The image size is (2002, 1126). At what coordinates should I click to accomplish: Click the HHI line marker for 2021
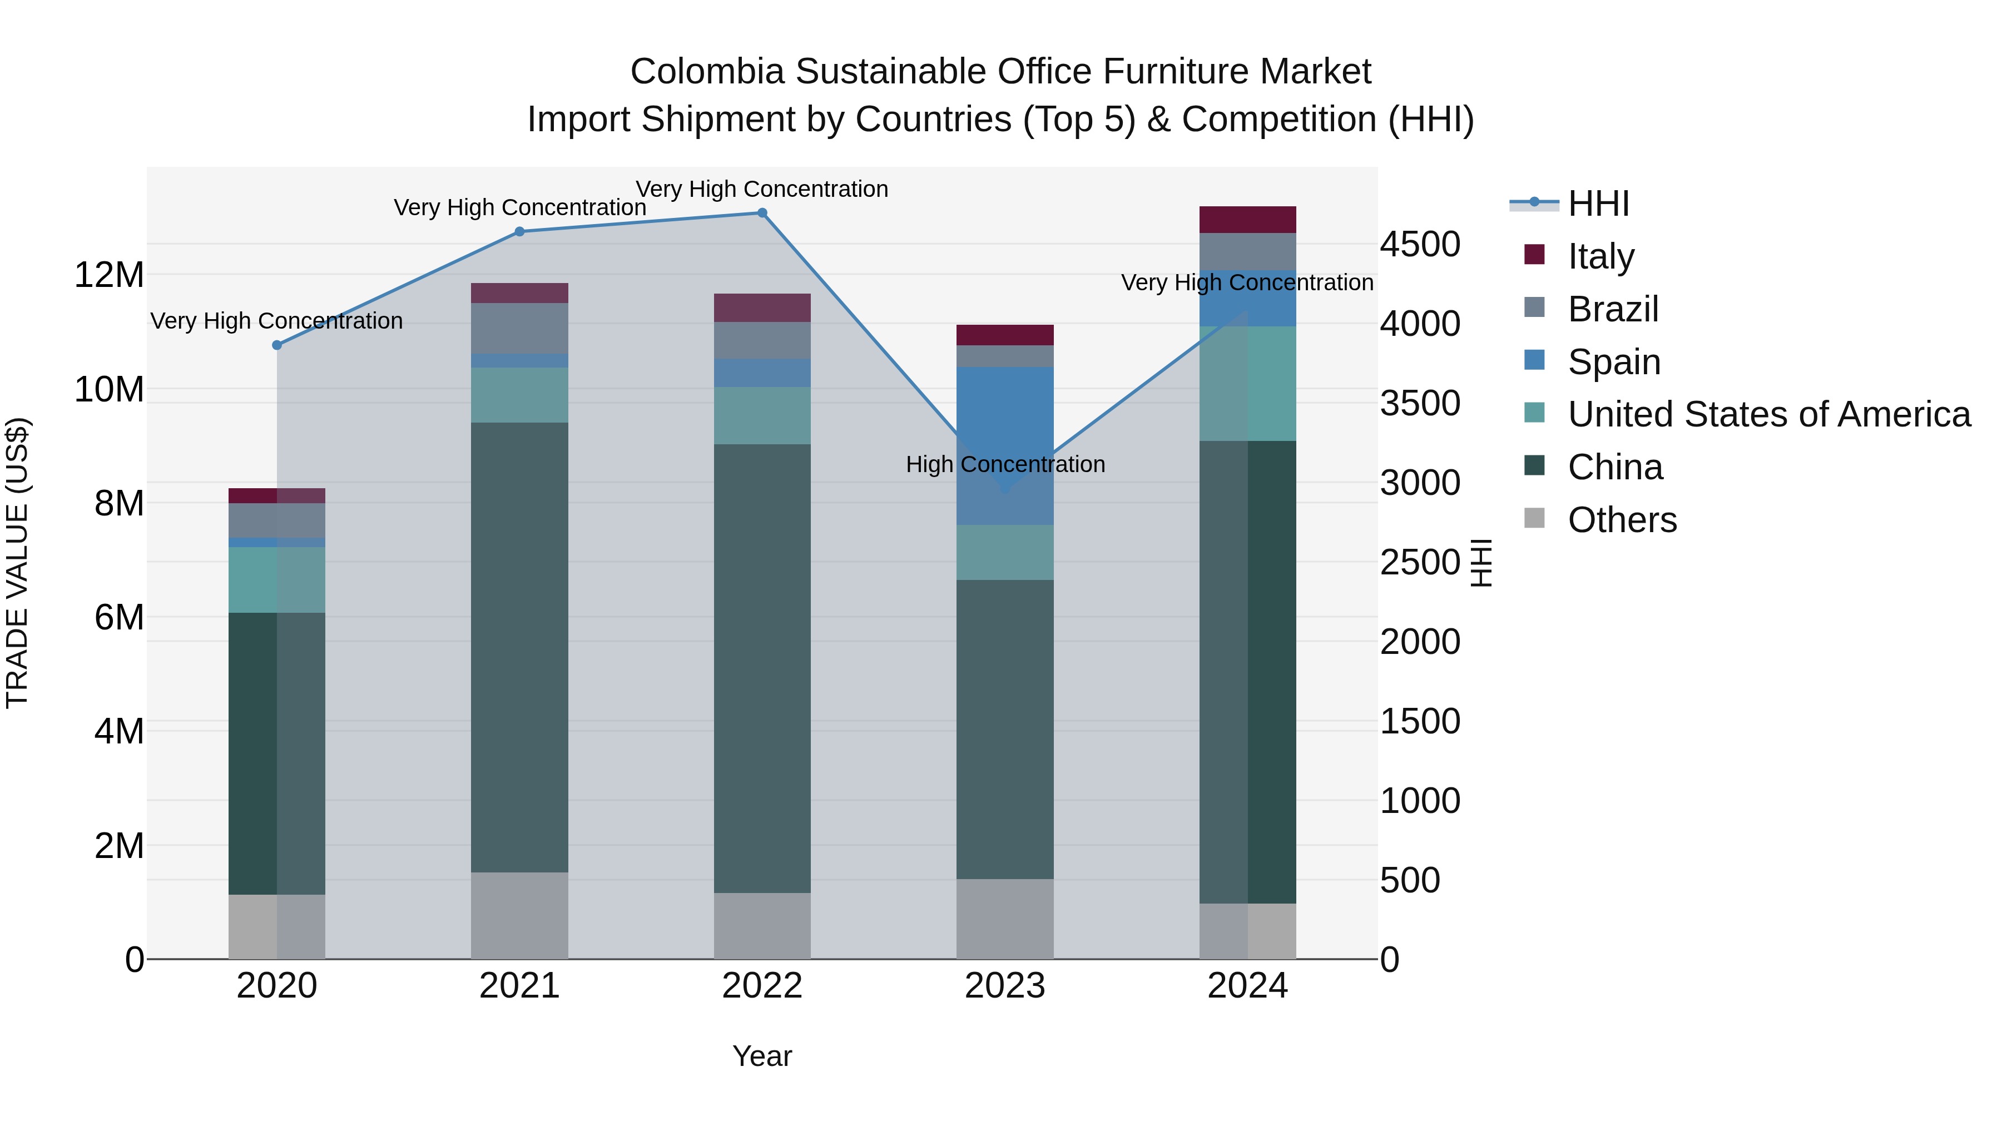[x=520, y=231]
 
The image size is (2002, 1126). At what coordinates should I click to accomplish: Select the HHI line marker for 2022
[x=762, y=213]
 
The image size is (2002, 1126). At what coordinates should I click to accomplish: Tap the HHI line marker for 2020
[x=277, y=345]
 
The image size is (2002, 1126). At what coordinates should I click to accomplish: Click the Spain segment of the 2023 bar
[x=1005, y=445]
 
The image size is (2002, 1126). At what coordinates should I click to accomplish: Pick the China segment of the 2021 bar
[x=520, y=647]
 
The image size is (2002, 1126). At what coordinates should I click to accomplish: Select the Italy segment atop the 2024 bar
[x=1247, y=220]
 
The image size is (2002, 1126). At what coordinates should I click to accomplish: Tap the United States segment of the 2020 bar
[x=277, y=580]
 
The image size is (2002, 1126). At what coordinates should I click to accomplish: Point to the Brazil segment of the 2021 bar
[x=520, y=328]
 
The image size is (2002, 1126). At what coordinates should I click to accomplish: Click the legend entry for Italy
[x=1601, y=256]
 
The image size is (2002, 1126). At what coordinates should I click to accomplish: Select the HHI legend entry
[x=1597, y=204]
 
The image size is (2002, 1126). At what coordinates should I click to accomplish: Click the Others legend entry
[x=1622, y=520]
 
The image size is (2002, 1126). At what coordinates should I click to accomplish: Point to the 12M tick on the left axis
[x=109, y=275]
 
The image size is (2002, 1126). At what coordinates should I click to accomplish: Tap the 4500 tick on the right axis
[x=1420, y=244]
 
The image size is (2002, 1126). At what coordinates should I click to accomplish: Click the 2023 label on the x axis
[x=1005, y=986]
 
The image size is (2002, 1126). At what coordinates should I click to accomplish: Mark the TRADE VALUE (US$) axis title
[x=17, y=563]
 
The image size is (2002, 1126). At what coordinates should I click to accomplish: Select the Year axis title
[x=762, y=1056]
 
